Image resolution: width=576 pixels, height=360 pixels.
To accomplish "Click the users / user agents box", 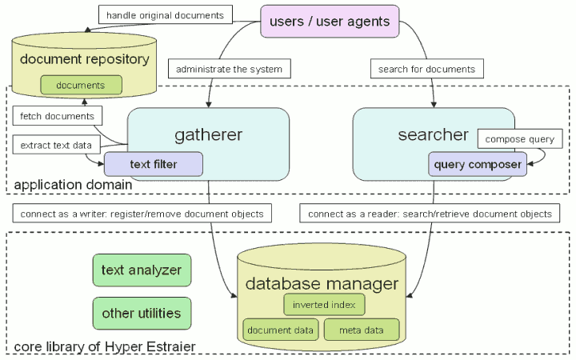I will tap(330, 22).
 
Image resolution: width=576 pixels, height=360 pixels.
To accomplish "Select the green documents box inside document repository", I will tap(81, 85).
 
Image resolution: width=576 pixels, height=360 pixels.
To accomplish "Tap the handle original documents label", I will tap(166, 15).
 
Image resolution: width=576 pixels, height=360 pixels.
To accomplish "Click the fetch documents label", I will tap(52, 117).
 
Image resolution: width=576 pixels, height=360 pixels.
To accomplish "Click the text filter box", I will tap(153, 165).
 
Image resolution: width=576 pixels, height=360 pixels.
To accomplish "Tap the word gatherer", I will tap(208, 134).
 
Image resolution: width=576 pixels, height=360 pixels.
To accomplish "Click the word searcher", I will tap(432, 134).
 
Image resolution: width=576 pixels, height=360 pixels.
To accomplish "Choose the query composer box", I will tap(478, 165).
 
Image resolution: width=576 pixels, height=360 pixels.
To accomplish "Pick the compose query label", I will tap(520, 138).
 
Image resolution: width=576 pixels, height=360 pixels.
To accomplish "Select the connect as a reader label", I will tap(430, 214).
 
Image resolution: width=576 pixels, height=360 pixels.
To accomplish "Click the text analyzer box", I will tap(142, 270).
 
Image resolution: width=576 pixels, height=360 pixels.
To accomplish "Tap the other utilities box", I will tap(142, 313).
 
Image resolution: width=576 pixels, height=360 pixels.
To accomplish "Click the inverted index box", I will tap(324, 305).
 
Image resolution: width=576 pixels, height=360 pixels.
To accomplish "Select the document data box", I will tap(280, 330).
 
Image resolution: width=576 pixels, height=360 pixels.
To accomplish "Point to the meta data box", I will tap(362, 330).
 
